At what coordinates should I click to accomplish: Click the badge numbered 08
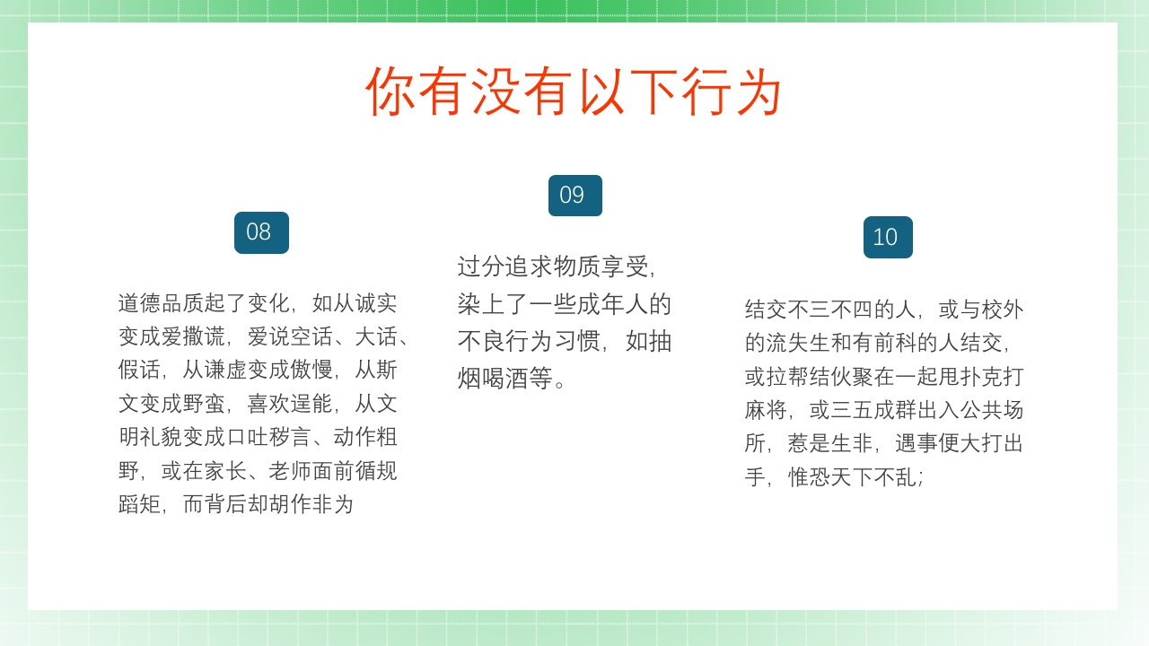click(261, 232)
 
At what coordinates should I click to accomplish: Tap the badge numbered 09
click(574, 196)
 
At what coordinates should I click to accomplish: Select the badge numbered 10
click(888, 237)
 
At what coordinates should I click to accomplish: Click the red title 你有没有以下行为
click(574, 92)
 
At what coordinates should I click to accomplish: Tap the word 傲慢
click(311, 370)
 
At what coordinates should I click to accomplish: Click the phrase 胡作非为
click(311, 504)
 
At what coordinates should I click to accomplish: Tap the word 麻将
click(766, 410)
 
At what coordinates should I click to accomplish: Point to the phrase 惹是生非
click(830, 443)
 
